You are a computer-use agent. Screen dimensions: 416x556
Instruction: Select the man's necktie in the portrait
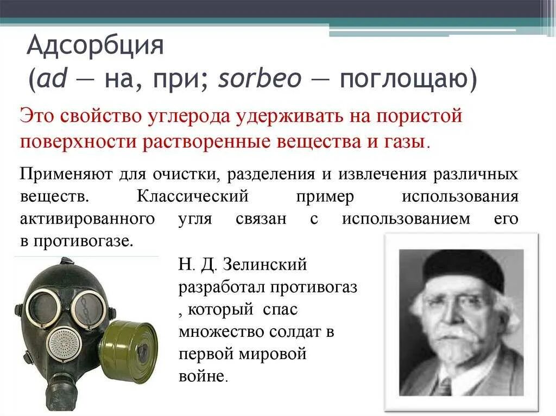point(443,386)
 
